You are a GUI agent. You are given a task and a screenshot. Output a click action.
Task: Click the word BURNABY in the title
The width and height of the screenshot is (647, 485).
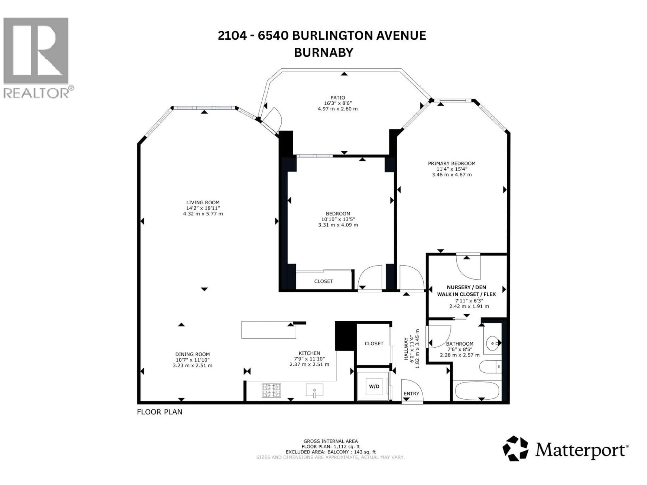click(323, 53)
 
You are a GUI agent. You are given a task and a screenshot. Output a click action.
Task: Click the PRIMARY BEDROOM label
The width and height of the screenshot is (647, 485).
click(451, 163)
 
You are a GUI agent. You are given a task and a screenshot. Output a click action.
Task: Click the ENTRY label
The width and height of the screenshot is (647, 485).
click(411, 394)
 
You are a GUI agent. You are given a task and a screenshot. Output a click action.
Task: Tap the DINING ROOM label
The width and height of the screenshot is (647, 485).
click(192, 354)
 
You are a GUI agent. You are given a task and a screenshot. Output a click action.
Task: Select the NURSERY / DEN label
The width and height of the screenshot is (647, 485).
click(466, 287)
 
